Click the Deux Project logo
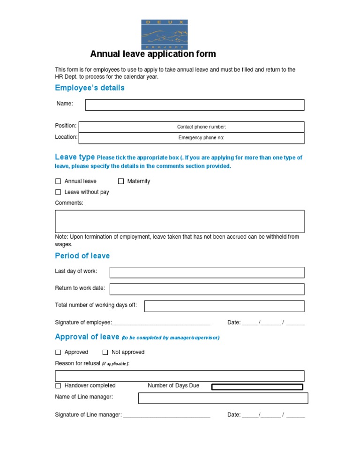coord(164,34)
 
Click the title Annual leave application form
coord(153,54)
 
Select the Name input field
coord(195,105)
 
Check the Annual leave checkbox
coord(58,181)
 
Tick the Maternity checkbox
coord(121,181)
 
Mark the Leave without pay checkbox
coord(58,192)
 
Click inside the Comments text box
coord(180,221)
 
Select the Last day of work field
coord(207,272)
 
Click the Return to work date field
coord(207,289)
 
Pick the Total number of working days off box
coord(224,306)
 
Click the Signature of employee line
coord(161,323)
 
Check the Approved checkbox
coord(58,353)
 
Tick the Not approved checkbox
coord(105,353)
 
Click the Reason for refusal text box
coord(180,376)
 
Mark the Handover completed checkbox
coord(58,386)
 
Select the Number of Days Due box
coord(257,387)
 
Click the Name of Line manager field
coord(223,398)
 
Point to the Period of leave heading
coord(82,256)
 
